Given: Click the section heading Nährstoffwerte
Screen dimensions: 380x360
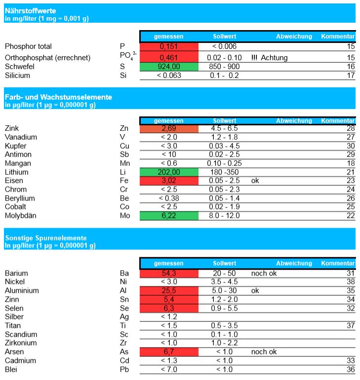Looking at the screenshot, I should point(30,10).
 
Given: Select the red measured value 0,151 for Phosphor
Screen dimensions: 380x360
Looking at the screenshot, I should point(168,46).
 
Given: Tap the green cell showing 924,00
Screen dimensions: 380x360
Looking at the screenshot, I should point(168,67).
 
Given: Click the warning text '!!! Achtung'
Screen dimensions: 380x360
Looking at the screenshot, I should point(270,58).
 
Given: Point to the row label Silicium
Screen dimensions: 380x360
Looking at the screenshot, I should point(17,75).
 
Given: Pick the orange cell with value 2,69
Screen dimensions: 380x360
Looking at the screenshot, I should point(168,128).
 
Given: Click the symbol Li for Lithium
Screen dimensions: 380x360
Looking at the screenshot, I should point(123,172).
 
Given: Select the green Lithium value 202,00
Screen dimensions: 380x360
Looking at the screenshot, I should point(168,172).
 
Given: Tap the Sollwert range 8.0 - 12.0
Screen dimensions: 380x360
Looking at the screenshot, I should point(224,215).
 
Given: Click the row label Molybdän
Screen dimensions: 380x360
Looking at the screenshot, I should point(21,215).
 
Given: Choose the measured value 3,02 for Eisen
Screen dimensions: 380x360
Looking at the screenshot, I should point(168,180).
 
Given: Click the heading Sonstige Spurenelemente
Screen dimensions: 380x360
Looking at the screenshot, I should point(46,238).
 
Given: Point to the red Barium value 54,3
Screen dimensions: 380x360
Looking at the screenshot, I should point(168,273).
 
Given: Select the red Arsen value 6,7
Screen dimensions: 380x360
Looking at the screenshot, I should point(168,352).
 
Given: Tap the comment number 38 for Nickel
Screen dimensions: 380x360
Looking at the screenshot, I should point(351,282).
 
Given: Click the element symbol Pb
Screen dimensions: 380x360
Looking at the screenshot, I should point(124,369).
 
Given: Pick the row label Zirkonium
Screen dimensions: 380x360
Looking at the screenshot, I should point(21,343).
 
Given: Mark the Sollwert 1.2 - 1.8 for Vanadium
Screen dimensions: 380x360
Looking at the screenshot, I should point(224,137).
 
